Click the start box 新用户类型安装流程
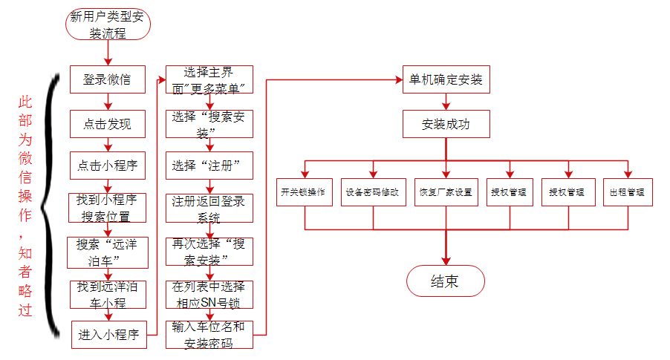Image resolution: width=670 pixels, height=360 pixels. click(108, 24)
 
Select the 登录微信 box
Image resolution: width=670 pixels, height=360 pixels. click(107, 79)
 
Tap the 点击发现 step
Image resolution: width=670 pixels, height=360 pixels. click(107, 125)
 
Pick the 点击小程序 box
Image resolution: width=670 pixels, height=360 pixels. click(107, 165)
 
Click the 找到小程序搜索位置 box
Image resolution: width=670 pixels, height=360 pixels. click(107, 209)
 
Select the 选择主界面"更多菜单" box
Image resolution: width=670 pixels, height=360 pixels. click(209, 80)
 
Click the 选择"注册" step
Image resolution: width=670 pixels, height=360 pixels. click(209, 165)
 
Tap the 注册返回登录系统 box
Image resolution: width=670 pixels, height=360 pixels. click(209, 209)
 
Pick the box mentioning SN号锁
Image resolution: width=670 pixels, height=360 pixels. click(209, 295)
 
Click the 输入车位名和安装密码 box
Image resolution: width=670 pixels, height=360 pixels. click(209, 335)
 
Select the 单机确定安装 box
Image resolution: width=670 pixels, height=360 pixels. click(446, 79)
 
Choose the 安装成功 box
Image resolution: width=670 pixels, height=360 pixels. click(446, 124)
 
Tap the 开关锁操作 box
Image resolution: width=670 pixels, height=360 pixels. click(303, 192)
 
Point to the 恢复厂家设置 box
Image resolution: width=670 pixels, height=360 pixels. click(446, 192)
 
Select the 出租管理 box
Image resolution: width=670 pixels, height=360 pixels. click(627, 192)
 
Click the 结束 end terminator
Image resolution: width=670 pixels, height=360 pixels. click(446, 281)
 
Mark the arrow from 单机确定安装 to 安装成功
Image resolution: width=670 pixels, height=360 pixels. click(446, 102)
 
